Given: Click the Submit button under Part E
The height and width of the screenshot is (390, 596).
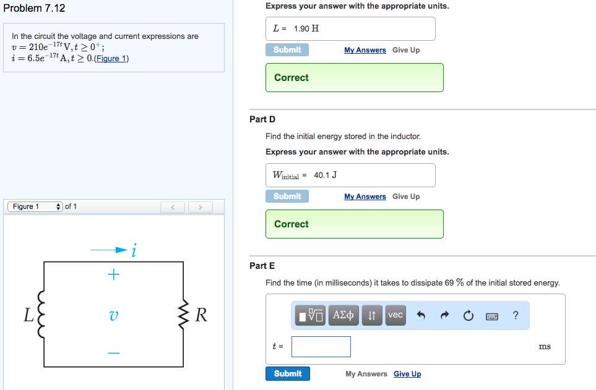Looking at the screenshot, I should (288, 373).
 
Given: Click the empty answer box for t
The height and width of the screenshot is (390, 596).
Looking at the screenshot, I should (321, 347).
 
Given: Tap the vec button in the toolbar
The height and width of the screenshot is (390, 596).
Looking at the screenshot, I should (395, 315).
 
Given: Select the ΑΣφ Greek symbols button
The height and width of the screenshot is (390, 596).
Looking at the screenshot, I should (343, 315).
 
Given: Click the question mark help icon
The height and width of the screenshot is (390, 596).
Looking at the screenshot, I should (516, 315).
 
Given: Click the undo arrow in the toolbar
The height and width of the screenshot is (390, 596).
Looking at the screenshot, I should (421, 315).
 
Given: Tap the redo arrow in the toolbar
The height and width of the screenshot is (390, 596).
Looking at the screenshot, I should (444, 315).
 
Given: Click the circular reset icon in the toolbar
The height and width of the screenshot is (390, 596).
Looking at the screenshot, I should (468, 315).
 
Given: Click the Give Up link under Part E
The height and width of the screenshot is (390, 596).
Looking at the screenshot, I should (407, 374).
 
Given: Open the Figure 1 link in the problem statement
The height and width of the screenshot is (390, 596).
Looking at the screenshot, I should (113, 59).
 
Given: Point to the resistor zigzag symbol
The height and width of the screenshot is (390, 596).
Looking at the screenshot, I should (183, 315).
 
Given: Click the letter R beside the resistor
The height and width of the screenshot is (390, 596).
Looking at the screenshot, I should (201, 315).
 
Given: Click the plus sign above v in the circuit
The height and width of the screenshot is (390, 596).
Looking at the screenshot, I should (113, 274).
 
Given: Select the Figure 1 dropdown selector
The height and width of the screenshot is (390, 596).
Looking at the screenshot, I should (35, 206).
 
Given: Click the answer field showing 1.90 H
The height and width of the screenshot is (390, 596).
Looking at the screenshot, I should (350, 28).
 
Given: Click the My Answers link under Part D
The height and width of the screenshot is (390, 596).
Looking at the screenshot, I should (365, 197).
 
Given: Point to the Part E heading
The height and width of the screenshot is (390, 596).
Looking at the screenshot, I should (262, 266).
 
